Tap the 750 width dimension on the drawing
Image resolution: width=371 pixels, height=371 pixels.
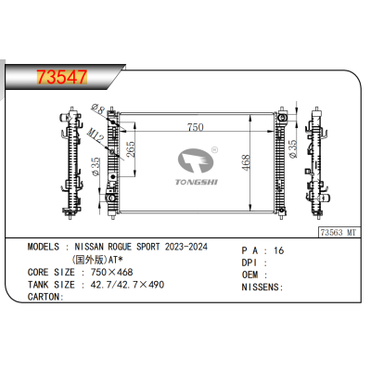pyautogui.click(x=194, y=126)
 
